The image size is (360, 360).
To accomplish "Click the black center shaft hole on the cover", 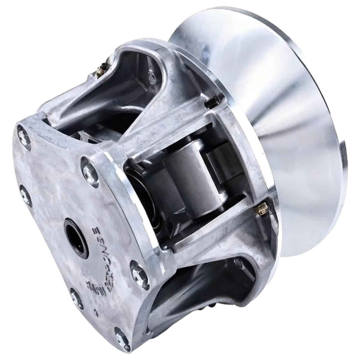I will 76,238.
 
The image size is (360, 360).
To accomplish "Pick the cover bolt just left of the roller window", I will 89,172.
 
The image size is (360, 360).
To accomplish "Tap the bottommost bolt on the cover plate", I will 122,338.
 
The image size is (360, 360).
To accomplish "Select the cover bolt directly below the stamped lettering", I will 76,298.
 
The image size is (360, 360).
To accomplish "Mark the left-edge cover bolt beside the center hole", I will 26,196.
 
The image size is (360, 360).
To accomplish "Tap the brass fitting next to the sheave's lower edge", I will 262,208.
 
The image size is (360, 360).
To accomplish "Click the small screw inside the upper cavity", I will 152,77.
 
